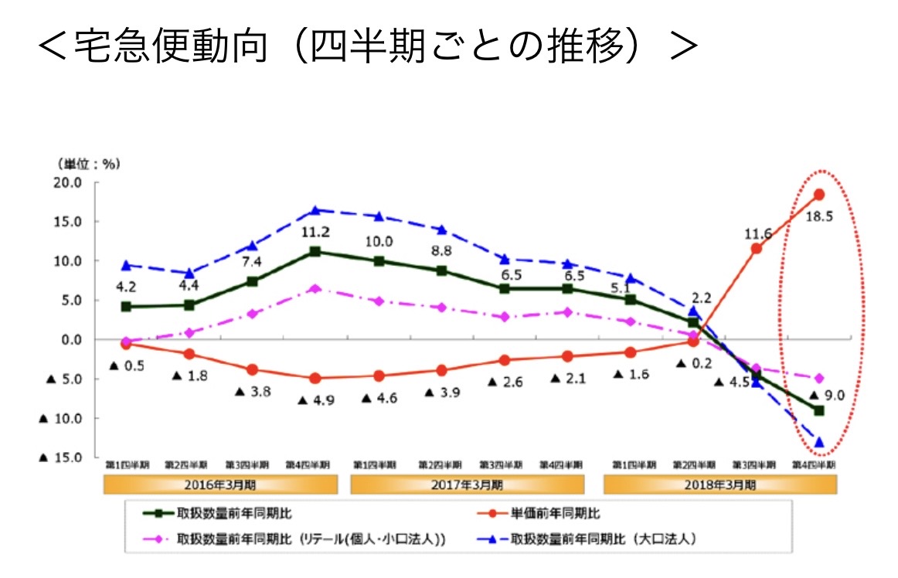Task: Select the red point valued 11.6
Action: (756, 248)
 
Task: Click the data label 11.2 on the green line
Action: (315, 231)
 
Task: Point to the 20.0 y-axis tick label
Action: (67, 182)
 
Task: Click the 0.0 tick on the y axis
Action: (70, 339)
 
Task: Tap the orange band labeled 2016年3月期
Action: (220, 485)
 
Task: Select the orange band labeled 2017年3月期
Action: (467, 485)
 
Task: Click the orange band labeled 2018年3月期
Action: (719, 485)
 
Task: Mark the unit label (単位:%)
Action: (88, 164)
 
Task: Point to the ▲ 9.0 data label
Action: (826, 396)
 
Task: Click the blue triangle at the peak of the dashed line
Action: (315, 210)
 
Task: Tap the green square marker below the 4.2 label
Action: (125, 307)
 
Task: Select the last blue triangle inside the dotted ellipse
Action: (818, 443)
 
